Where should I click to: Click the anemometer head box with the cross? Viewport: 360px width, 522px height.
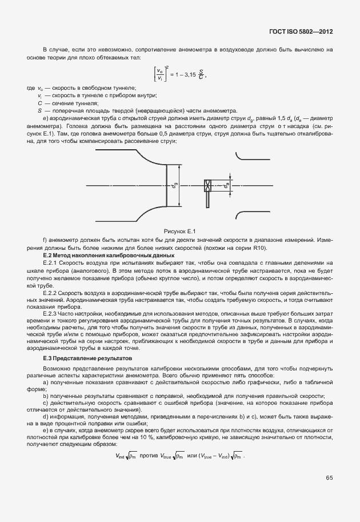point(208,186)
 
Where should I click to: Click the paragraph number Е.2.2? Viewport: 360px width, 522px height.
point(51,292)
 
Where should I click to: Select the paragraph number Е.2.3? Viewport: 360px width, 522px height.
point(51,314)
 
